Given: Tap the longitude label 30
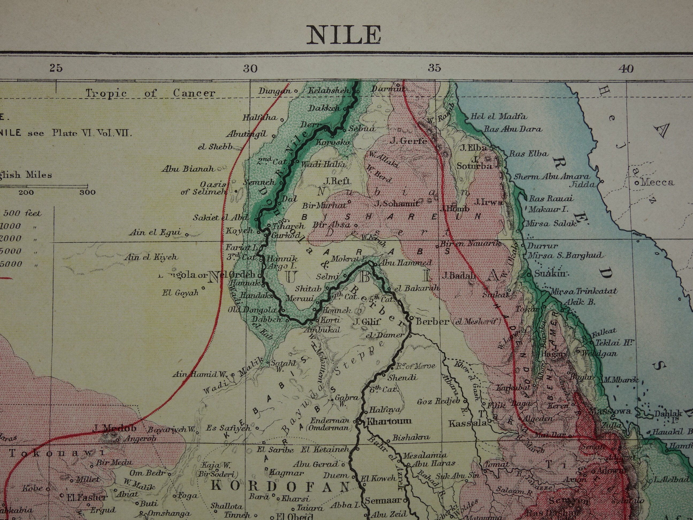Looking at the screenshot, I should point(250,68).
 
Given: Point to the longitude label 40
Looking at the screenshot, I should point(626,68).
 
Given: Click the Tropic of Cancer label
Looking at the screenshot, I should point(150,93).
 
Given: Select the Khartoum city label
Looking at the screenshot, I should point(389,421).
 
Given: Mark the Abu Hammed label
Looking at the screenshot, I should point(405,263).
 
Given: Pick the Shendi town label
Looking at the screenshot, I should point(403,377).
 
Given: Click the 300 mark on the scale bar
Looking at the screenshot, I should point(87,192).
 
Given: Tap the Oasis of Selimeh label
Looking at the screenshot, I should point(204,188).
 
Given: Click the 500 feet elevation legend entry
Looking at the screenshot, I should point(22,213).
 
